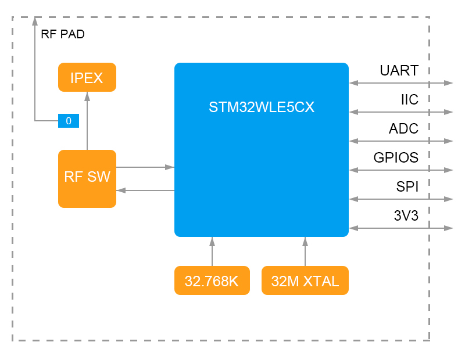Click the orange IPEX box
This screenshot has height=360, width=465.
tap(87, 77)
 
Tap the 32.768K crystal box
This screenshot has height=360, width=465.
tap(212, 280)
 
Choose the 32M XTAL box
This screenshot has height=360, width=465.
tap(305, 280)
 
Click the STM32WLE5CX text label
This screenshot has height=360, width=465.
tap(262, 107)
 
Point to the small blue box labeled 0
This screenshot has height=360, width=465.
tap(68, 121)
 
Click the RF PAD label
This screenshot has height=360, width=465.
tap(63, 34)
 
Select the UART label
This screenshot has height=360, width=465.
tap(399, 71)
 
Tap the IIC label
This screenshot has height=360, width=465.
tap(409, 100)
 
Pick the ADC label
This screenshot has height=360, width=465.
tap(403, 129)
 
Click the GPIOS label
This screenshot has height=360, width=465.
tap(396, 157)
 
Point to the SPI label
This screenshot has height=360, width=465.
tap(407, 186)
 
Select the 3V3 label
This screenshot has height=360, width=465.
tap(406, 215)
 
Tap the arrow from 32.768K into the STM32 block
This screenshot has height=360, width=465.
tap(212, 251)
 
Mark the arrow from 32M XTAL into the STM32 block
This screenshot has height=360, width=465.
tap(305, 251)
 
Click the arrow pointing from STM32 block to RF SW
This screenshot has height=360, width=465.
tap(145, 190)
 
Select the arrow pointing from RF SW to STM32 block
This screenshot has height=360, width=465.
tap(145, 167)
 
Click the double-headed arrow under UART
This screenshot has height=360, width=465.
tap(401, 83)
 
